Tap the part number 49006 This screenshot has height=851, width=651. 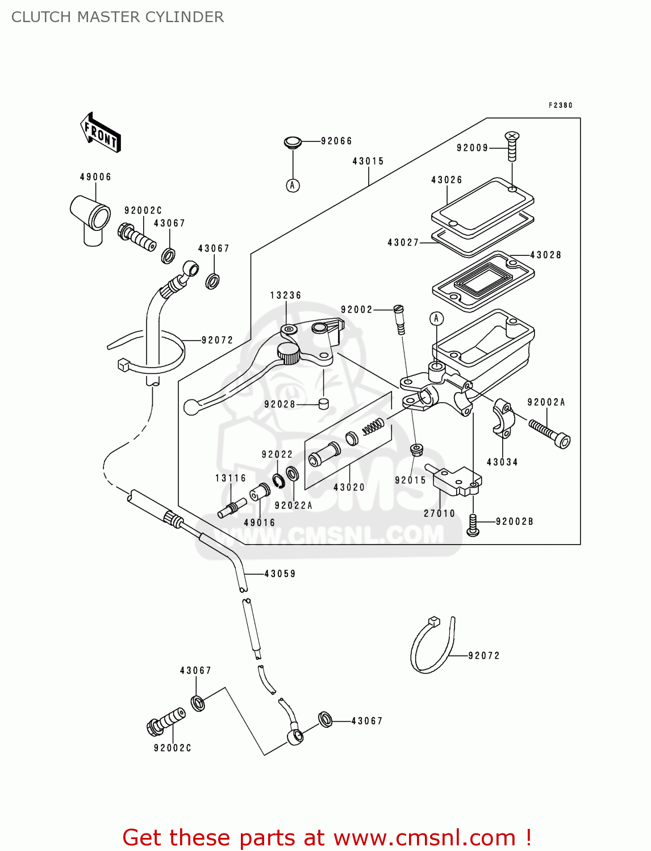point(95,177)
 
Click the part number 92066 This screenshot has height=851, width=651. point(336,141)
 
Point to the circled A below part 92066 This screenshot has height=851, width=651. point(293,186)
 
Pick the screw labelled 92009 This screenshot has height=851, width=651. point(512,146)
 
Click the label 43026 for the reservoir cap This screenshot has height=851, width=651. point(446,180)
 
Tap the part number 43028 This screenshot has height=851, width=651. point(545,255)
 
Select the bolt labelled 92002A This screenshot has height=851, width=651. point(549,432)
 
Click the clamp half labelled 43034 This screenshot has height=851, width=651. point(503,419)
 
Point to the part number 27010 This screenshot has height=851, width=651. point(439,513)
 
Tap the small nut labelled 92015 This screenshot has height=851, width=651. point(416,450)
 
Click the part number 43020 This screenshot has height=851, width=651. point(349,487)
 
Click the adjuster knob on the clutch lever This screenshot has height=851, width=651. point(289,355)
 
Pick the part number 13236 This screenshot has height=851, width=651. point(285,296)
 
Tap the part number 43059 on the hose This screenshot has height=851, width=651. point(280,574)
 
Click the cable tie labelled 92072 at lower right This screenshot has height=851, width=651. point(432,647)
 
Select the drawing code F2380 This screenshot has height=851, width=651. point(560,106)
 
